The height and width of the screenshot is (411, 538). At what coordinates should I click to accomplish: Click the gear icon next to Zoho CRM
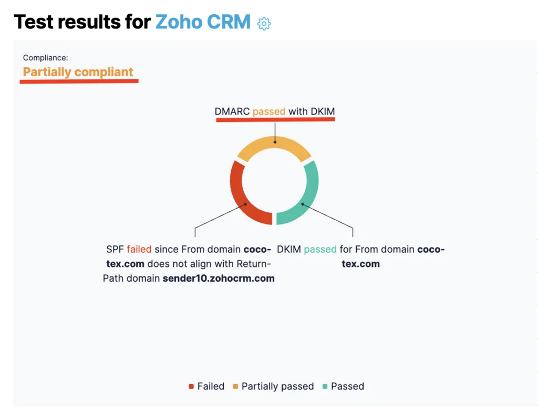coord(264,24)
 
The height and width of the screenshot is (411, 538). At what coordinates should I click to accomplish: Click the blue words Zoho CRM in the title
coord(203,22)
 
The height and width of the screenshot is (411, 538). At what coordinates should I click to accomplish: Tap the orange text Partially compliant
coord(78,72)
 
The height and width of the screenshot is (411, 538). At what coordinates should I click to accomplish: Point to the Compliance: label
coord(46,58)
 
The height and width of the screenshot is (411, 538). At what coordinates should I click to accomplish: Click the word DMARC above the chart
coord(232,111)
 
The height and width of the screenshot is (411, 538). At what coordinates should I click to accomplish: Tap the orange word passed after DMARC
coord(269,112)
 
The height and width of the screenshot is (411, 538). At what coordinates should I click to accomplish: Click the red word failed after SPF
coord(139,249)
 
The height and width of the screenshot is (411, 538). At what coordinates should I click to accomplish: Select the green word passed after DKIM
coord(320,250)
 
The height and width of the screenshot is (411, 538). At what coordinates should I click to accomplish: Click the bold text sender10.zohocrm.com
coord(219,278)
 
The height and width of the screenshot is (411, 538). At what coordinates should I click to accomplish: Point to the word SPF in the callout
coord(115,249)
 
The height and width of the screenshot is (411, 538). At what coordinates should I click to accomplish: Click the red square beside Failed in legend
coord(191,387)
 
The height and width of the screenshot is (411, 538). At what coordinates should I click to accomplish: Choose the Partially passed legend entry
coord(273,386)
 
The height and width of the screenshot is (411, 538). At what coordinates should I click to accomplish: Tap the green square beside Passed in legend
coord(325,387)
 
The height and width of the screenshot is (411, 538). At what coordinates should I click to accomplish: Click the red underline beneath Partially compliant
coord(79,81)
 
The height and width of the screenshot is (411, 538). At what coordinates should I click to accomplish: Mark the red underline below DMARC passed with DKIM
coord(275,119)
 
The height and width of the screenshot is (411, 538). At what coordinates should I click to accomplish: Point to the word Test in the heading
coord(33,22)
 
